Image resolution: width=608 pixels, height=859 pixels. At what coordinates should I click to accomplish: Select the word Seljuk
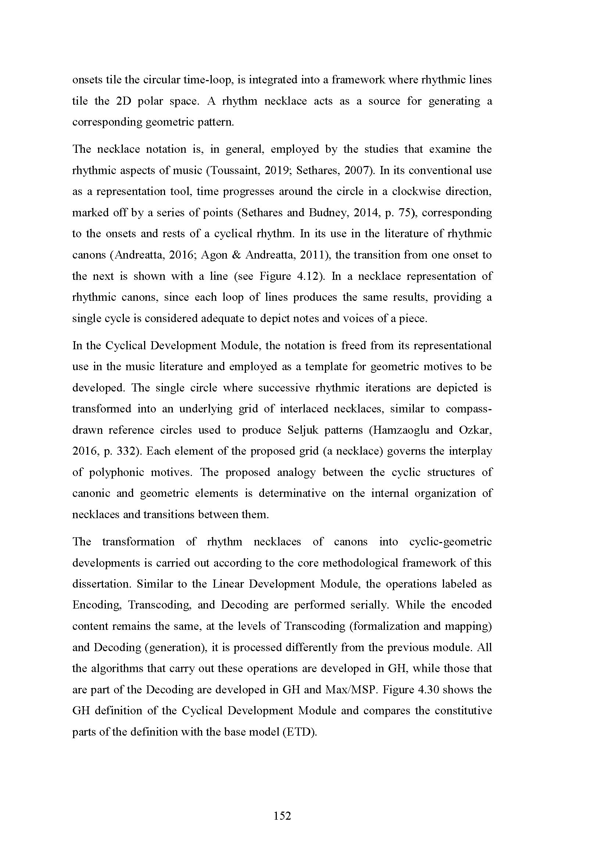coord(303,430)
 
